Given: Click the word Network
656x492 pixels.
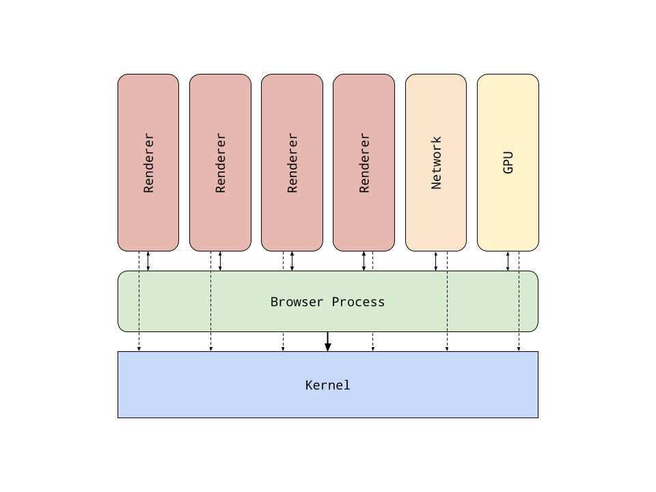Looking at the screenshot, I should (436, 163).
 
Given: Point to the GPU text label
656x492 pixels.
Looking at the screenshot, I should (508, 163).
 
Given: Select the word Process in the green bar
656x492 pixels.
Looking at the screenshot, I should (358, 302).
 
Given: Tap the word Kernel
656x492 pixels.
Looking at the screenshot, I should (328, 385).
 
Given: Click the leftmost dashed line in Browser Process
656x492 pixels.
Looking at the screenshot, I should (139, 301).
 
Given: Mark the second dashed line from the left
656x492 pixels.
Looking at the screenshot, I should (211, 301).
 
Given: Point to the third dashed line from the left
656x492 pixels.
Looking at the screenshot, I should (448, 301).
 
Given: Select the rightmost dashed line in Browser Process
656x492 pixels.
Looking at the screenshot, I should (519, 301).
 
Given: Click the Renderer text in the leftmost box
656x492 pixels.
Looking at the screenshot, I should (148, 163).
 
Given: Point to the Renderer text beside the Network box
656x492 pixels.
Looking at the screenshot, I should (364, 163).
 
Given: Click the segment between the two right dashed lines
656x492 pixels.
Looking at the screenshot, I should (483, 301).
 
